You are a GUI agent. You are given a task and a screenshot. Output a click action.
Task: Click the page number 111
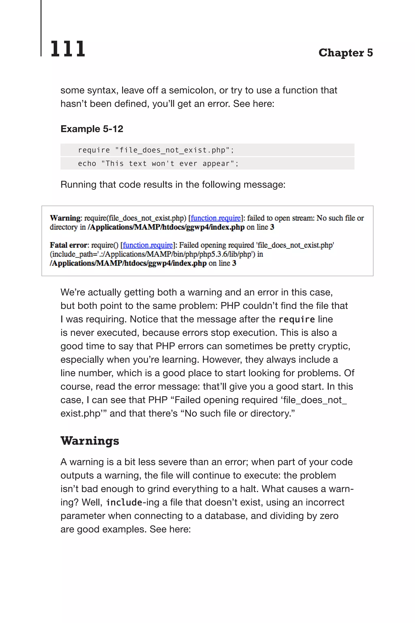coord(68,49)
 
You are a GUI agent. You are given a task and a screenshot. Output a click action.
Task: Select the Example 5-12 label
coord(92,129)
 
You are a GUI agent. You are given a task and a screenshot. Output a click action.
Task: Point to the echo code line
coord(158,164)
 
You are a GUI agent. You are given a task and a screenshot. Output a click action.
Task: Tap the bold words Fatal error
coord(68,245)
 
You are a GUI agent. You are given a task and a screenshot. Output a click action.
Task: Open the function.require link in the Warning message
coord(215,218)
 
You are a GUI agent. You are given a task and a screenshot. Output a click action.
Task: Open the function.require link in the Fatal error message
coord(148,245)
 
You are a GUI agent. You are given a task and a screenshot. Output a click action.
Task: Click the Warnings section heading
coord(90,441)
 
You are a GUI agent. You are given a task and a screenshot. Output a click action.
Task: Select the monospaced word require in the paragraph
coord(297,319)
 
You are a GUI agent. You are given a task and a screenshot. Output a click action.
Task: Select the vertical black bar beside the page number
coord(41,28)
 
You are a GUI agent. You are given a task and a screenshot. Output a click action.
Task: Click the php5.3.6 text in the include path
coord(213,254)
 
